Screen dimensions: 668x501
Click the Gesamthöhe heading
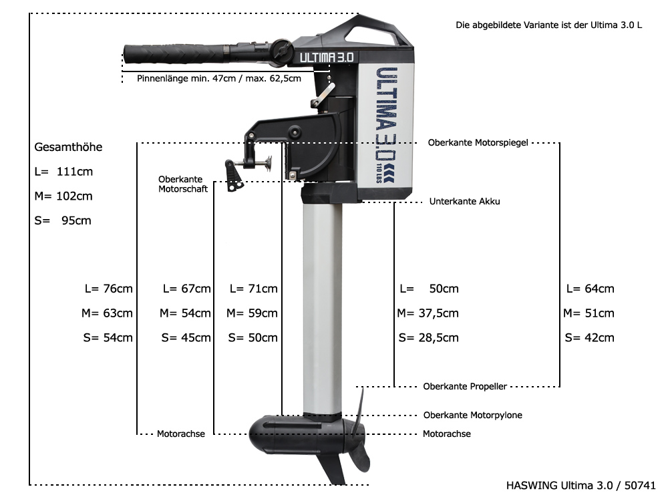(68, 148)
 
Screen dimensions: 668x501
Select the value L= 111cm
(63, 172)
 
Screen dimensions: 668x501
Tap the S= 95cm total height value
(63, 220)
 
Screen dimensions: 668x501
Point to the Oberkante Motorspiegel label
(478, 143)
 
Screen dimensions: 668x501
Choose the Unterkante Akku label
(464, 202)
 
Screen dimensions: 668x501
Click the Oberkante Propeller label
(465, 386)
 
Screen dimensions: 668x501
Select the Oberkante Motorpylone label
(472, 415)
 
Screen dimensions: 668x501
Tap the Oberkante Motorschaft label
(183, 184)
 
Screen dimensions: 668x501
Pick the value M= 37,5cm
(428, 313)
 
